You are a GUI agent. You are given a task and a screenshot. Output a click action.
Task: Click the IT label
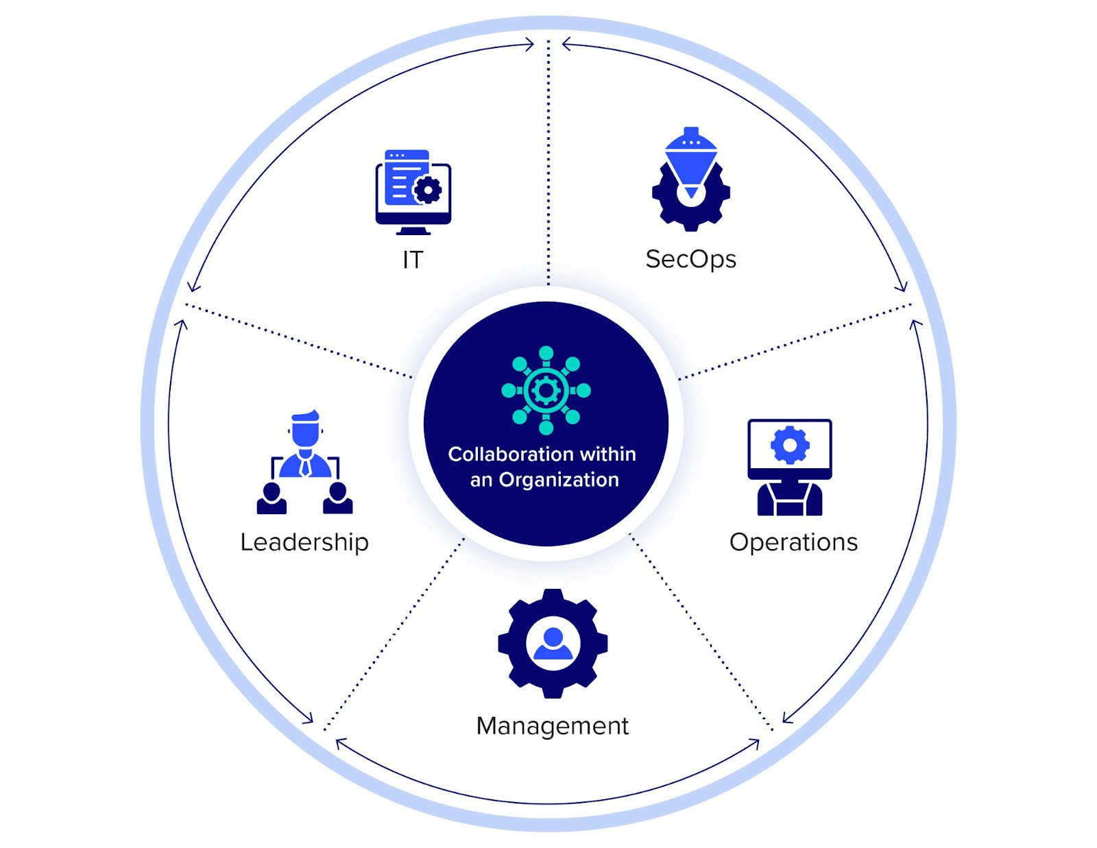[413, 260]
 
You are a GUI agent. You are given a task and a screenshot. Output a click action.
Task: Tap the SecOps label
[690, 260]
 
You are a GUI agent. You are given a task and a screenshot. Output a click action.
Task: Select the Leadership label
[304, 542]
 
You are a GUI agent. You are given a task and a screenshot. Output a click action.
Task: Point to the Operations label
[793, 542]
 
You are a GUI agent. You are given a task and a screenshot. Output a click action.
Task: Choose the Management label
[552, 726]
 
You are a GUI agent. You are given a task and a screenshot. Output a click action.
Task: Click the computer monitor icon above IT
[413, 193]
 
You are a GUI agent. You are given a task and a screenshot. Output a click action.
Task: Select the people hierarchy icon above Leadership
[304, 463]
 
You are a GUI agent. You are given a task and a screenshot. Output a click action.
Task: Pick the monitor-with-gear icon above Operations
[789, 467]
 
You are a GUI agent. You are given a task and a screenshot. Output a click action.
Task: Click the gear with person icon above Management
[553, 644]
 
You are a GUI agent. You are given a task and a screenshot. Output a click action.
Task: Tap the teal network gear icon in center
[546, 390]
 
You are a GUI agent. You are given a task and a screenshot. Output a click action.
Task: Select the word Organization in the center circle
[558, 480]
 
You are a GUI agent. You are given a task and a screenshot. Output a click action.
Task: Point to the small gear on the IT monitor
[429, 190]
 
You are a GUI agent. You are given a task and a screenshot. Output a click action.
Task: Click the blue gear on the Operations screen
[790, 446]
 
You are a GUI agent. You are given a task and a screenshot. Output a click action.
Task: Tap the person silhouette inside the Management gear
[553, 644]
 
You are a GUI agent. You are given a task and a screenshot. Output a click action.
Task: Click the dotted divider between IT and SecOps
[548, 165]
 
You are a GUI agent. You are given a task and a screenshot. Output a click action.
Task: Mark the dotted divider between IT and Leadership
[298, 341]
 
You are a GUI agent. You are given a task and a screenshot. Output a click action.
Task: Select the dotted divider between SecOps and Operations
[795, 341]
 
